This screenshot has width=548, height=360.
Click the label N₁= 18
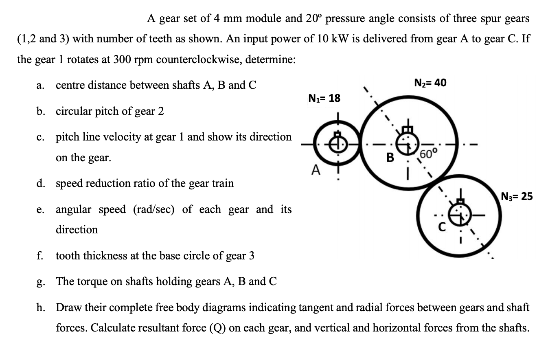click(324, 98)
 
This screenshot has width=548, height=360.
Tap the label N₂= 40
click(430, 83)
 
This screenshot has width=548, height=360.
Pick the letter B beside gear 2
click(390, 158)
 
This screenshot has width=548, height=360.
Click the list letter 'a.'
click(40, 86)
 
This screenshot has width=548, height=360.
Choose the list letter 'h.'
click(40, 307)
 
